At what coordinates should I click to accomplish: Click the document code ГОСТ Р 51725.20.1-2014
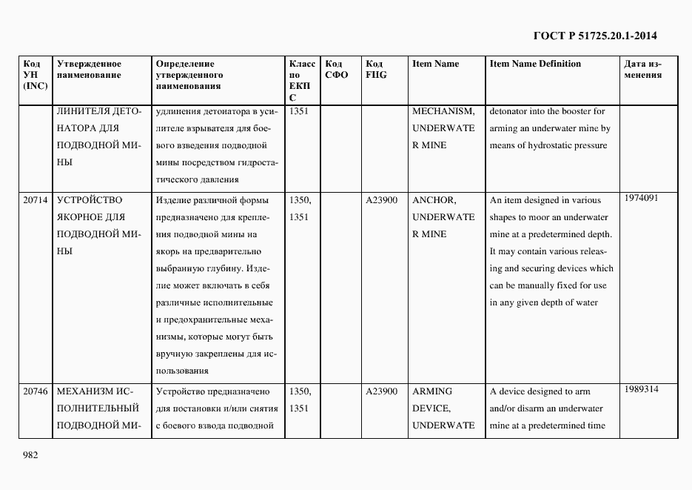595,35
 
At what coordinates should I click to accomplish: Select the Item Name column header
435,64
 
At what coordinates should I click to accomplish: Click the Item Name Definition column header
535,64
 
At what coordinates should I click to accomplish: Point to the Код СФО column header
336,69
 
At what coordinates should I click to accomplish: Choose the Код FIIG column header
376,69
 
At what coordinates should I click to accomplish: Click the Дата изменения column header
642,69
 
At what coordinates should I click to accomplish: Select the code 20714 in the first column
36,200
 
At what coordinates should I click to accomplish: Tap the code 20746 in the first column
36,391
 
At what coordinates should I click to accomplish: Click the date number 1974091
641,198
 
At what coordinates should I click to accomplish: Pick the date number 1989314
641,389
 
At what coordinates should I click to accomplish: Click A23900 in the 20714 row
381,200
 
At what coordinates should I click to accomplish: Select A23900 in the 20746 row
381,391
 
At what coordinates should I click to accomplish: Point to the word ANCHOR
434,200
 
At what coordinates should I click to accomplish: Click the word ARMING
431,391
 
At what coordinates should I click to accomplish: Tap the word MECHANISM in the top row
443,111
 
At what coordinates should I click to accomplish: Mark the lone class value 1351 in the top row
299,111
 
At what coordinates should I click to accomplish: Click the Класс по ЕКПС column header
301,80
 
